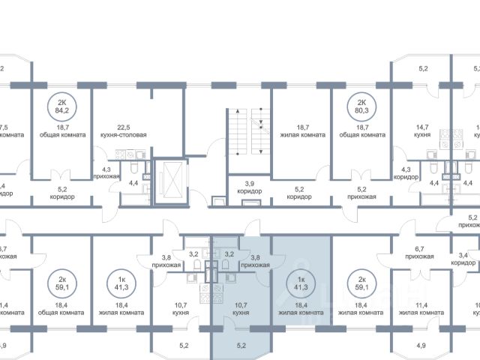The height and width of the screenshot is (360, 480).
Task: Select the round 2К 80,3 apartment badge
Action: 361,108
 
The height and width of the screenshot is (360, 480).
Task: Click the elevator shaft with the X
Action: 168,182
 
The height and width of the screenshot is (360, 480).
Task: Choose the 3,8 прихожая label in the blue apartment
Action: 259,260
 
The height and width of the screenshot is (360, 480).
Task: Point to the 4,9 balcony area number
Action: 421,345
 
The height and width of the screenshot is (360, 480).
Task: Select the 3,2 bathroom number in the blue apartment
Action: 230,253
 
